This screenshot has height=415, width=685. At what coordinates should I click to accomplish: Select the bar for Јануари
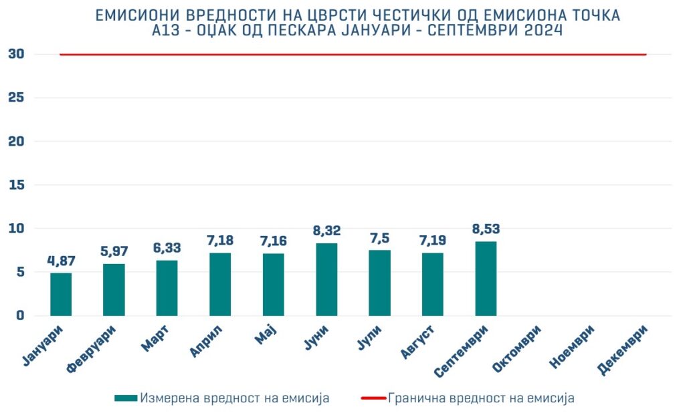pyautogui.click(x=61, y=294)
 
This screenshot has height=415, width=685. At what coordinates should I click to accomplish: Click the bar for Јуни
pyautogui.click(x=326, y=279)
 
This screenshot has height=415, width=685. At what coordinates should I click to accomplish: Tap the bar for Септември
pyautogui.click(x=486, y=279)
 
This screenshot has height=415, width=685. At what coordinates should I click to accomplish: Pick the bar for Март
pyautogui.click(x=167, y=288)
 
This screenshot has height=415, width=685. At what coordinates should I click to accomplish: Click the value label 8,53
pyautogui.click(x=486, y=229)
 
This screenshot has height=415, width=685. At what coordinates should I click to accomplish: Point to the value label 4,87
pyautogui.click(x=61, y=261)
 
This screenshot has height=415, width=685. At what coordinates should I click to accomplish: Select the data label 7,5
pyautogui.click(x=379, y=239)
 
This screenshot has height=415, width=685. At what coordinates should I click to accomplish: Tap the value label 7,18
pyautogui.click(x=220, y=241)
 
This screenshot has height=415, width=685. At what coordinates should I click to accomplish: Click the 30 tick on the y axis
pyautogui.click(x=17, y=54)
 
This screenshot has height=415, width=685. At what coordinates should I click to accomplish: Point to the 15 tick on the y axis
pyautogui.click(x=17, y=185)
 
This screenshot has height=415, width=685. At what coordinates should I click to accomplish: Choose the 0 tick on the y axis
pyautogui.click(x=20, y=315)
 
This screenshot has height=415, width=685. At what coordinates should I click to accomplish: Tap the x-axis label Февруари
pyautogui.click(x=93, y=349)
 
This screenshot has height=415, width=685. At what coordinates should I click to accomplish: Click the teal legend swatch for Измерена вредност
pyautogui.click(x=126, y=398)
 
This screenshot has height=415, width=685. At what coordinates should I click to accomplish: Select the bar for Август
pyautogui.click(x=433, y=284)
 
